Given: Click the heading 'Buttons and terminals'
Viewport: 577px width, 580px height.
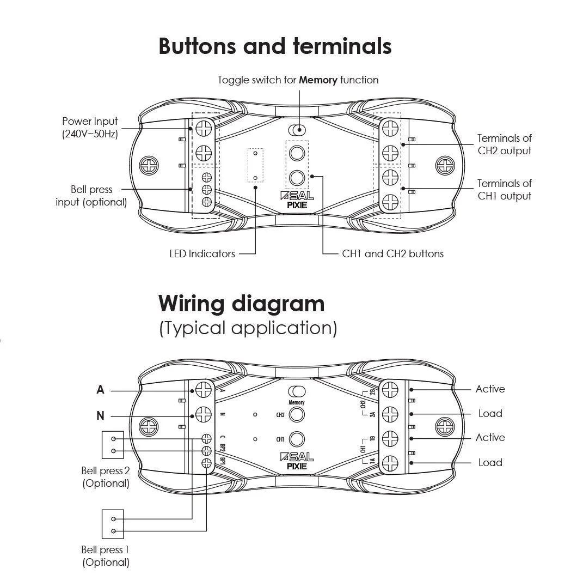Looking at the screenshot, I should pos(275,46).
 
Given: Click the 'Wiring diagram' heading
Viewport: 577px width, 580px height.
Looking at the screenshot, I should pos(241,303).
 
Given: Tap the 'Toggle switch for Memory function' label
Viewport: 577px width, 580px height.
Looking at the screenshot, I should pos(298,80).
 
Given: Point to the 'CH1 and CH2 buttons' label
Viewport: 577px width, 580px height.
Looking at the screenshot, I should pos(392,253).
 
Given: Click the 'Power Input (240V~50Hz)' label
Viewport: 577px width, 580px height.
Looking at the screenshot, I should pos(90,128).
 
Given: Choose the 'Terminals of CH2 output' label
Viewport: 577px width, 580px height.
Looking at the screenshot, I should pos(504,144).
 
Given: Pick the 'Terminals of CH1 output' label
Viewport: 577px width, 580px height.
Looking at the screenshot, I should pos(504,190).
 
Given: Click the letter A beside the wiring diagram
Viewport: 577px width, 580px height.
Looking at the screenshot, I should pos(100,390).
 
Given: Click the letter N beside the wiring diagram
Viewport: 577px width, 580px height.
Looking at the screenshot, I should pos(100,416).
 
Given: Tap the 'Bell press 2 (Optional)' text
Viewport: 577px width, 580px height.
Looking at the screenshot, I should pos(106,477).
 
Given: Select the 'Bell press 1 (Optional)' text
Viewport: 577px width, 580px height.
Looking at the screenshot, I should pos(106,556).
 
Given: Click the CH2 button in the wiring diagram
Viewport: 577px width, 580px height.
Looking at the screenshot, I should pos(297,415).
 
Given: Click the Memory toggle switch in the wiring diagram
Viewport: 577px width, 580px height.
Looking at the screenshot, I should pos(297,391).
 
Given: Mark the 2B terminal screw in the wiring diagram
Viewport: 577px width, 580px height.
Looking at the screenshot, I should pos(390,390).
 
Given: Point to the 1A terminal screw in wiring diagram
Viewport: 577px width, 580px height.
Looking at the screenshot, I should pos(390,463).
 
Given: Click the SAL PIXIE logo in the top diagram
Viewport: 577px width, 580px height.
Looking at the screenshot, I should pos(297,201).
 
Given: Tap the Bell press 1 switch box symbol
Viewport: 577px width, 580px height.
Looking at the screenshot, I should pos(113,524).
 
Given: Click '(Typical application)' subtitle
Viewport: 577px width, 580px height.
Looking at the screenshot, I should pos(248,328).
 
